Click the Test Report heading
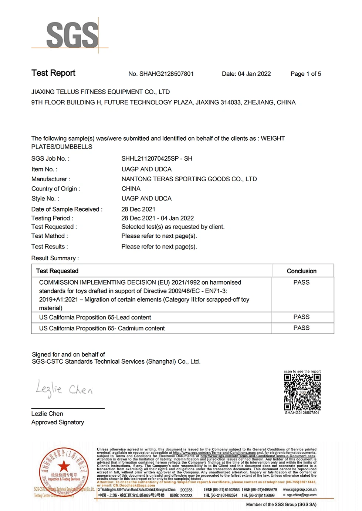click(x=53, y=73)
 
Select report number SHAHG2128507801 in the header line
click(x=166, y=74)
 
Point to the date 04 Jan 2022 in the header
click(x=254, y=74)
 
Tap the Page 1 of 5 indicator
click(x=305, y=74)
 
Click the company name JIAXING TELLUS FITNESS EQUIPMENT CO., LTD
click(x=101, y=92)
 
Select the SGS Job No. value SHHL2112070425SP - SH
click(x=157, y=158)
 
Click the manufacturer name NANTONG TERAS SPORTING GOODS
click(x=189, y=179)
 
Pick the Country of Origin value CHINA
click(x=131, y=189)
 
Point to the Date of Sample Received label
click(x=67, y=209)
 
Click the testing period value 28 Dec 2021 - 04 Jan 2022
click(x=158, y=218)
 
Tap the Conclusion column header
click(x=301, y=271)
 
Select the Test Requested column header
click(x=57, y=271)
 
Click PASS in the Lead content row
click(x=301, y=317)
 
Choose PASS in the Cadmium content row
click(x=301, y=328)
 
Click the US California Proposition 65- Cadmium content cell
click(x=102, y=328)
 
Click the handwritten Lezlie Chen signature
click(x=64, y=389)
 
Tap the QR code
click(x=302, y=392)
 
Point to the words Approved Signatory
click(x=58, y=422)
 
